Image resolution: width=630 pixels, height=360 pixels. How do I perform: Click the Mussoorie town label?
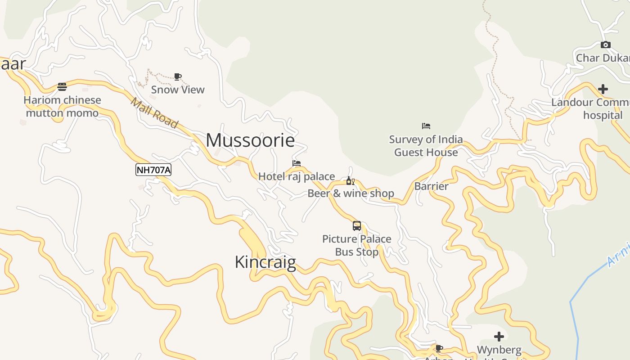coord(250,140)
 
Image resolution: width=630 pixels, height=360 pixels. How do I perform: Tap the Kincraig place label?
coord(265,262)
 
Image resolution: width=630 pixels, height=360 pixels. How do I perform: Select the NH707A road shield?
coord(153,170)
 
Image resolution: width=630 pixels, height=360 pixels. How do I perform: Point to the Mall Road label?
coord(154,113)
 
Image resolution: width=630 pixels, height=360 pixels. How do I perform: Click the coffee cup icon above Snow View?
coord(178,77)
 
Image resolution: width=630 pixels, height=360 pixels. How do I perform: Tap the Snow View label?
coord(178,90)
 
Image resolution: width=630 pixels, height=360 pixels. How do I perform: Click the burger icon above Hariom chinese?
coord(62,87)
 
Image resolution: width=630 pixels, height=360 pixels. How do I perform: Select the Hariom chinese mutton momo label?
coord(62,106)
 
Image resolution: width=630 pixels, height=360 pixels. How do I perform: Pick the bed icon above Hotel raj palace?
coord(297,163)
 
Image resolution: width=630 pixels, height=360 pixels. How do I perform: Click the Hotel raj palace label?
coord(297,176)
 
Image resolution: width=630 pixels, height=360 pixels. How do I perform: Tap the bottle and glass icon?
coord(351,181)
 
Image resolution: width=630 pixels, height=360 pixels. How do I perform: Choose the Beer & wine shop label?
coord(351,193)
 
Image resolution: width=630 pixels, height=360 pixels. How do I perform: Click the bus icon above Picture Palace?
coord(357,226)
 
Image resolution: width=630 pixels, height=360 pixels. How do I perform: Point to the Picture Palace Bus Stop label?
coord(357,245)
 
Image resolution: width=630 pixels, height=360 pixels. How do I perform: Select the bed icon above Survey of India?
coord(426,126)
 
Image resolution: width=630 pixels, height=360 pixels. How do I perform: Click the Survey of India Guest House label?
coord(426,146)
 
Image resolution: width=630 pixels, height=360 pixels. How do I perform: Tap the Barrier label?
coord(432,186)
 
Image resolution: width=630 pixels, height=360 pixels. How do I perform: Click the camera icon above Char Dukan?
coord(606,45)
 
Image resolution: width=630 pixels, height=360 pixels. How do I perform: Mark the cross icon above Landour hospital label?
coord(603,89)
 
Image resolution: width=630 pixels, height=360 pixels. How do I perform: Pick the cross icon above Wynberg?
coord(499,337)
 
